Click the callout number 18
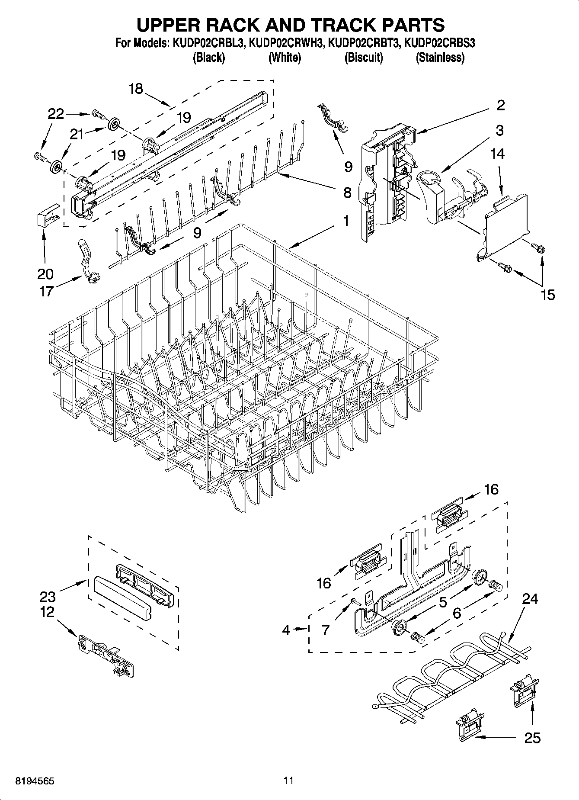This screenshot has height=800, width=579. (x=135, y=89)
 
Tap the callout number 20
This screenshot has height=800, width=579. (x=45, y=273)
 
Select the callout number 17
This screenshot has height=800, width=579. (x=46, y=291)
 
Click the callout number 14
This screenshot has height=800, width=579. (x=498, y=154)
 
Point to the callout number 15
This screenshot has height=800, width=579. (x=547, y=295)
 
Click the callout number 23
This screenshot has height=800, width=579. (x=48, y=597)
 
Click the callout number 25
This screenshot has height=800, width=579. (x=532, y=737)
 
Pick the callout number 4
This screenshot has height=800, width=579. (x=286, y=630)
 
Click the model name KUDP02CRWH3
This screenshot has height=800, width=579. (x=286, y=43)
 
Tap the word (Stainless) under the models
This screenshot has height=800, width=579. (x=440, y=58)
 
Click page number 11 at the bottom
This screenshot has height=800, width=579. (x=288, y=781)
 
